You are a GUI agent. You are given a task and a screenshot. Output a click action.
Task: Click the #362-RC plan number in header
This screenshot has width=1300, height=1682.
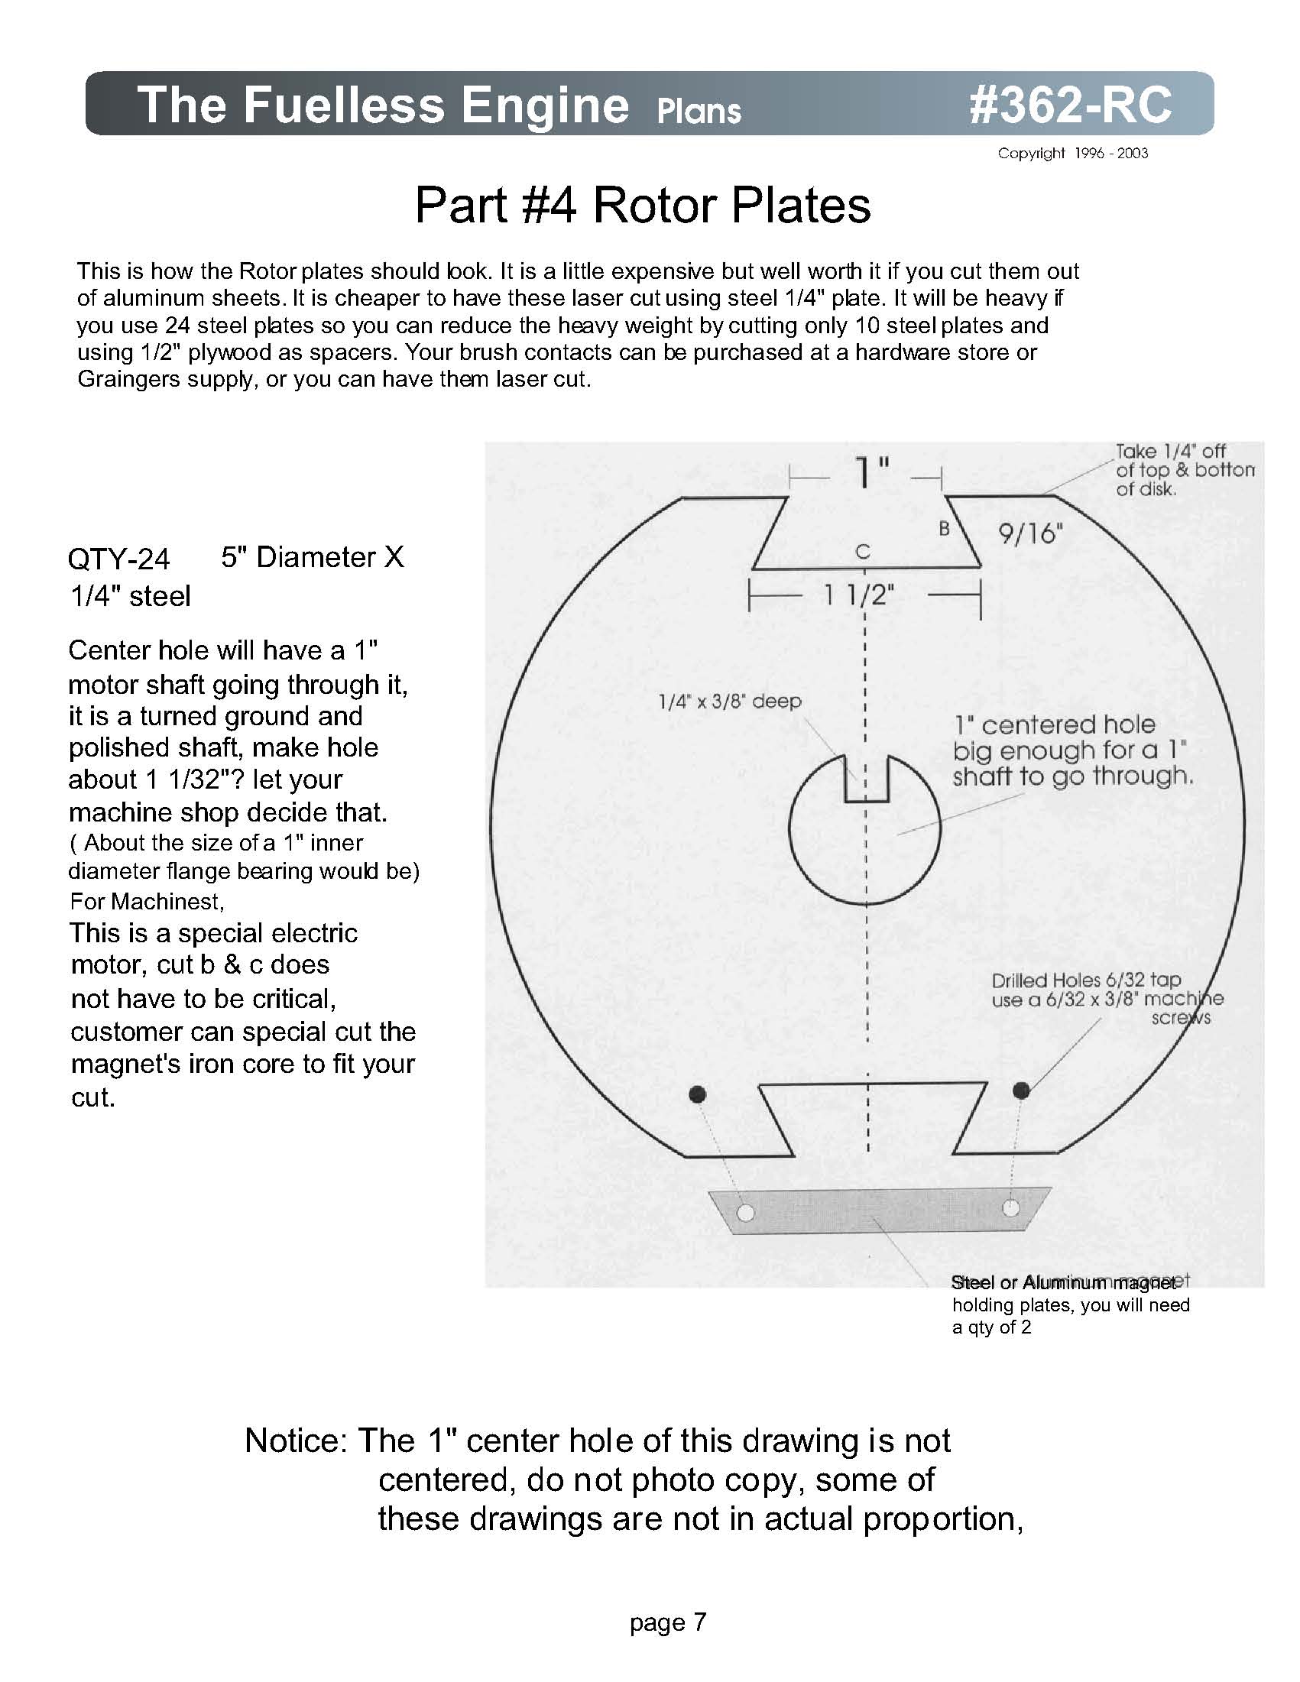coord(1070,104)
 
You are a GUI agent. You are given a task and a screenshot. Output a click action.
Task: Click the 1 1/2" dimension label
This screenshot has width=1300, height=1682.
coord(859,595)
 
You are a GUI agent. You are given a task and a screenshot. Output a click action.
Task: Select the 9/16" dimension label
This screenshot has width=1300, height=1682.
coord(1029,533)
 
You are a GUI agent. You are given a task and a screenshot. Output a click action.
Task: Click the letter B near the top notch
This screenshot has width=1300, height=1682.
coord(943,528)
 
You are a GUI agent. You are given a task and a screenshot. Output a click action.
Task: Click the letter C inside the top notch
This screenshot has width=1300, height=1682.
coord(863,552)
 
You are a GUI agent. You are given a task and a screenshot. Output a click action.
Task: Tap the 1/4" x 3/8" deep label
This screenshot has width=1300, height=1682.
coord(729,702)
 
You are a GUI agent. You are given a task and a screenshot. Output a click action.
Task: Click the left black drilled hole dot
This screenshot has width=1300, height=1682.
coord(697,1094)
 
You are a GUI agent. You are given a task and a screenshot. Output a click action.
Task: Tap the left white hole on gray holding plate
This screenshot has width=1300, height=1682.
coord(744,1213)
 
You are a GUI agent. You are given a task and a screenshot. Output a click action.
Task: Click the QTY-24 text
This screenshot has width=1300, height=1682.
coord(118,559)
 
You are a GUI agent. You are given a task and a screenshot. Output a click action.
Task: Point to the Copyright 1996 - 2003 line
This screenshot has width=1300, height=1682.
coord(1072,154)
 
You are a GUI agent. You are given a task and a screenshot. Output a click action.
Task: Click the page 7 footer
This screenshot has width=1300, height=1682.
coord(667,1622)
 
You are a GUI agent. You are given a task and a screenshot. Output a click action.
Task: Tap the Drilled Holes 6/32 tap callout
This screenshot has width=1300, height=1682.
coord(1086,980)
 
